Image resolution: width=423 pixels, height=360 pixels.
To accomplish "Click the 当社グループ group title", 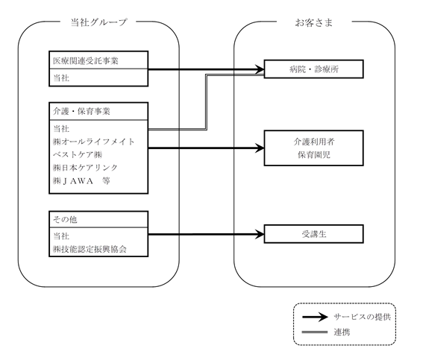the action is coord(98,22).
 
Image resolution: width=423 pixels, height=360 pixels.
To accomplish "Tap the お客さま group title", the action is coord(314,22).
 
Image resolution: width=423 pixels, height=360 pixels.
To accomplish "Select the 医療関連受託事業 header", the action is coord(86,61).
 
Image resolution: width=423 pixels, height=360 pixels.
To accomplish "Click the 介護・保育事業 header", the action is coord(81,111).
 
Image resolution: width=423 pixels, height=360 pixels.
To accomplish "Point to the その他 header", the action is coord(65,220).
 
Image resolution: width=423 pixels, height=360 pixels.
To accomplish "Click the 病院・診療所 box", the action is coord(314,69).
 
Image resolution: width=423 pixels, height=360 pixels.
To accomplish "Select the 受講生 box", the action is coord(314,234).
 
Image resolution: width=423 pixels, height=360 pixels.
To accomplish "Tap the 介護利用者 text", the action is coord(314,142).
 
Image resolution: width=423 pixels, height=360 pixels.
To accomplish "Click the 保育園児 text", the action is coord(314,155).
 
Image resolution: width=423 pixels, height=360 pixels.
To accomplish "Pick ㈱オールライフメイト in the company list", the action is coord(93,142).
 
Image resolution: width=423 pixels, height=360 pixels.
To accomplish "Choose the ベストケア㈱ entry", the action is coord(78,154).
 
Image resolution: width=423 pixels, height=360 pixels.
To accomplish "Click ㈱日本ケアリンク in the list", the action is coord(85,168).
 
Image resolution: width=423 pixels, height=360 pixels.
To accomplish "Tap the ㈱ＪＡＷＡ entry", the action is coord(73,181).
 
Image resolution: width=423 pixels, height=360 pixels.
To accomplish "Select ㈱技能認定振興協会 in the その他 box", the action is coord(90,249).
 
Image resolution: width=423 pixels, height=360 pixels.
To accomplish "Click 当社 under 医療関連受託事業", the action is coord(61,78).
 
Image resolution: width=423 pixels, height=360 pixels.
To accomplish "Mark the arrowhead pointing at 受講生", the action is coord(260,234).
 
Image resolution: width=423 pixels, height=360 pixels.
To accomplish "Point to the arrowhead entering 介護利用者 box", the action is coord(260,148).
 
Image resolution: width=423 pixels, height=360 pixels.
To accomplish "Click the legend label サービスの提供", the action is coord(362,317).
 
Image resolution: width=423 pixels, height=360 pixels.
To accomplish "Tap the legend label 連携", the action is coord(342,332).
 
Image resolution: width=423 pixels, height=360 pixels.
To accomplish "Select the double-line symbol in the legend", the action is coord(315,332).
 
